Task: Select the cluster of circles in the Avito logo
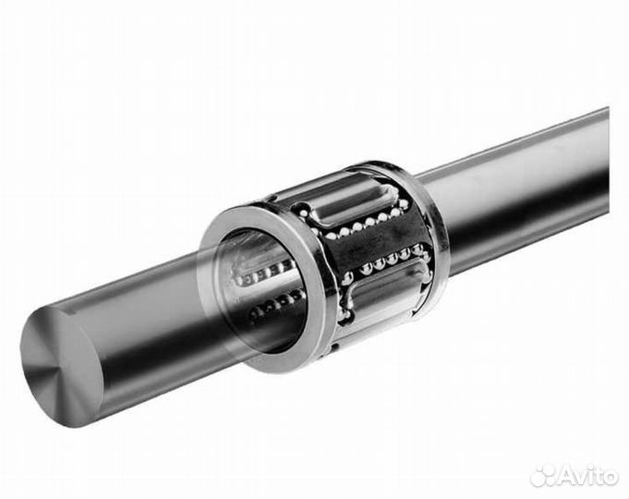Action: point(543,476)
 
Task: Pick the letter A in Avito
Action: point(567,477)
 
